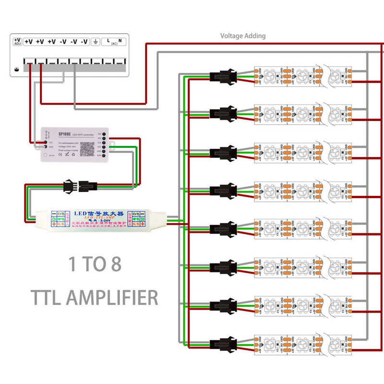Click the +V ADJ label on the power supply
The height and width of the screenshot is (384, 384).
[17, 41]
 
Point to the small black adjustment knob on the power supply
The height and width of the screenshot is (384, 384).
[17, 69]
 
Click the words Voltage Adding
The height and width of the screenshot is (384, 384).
[242, 36]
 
